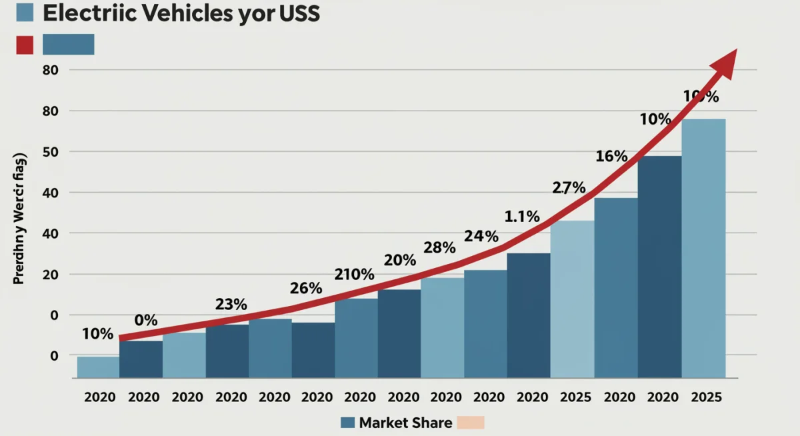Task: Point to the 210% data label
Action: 354,275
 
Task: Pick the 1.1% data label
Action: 522,216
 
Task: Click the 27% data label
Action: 569,187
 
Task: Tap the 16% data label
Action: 611,157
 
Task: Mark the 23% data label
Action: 231,305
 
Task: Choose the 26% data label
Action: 306,289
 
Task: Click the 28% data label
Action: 439,248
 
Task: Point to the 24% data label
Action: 481,236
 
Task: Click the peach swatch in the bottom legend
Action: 471,423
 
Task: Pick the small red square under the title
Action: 24,45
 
